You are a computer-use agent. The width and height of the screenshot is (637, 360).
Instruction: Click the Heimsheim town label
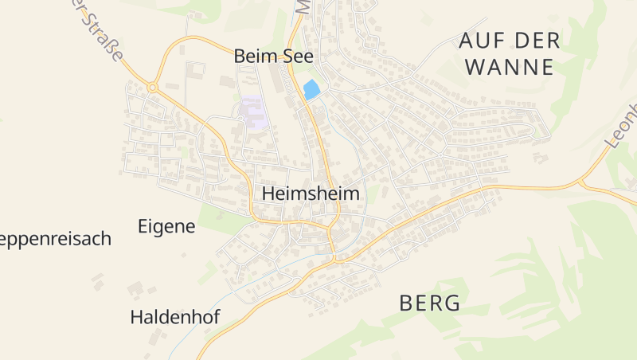311,194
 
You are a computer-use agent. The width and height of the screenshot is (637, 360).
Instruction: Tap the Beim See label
274,57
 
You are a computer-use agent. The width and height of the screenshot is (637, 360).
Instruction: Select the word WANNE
509,67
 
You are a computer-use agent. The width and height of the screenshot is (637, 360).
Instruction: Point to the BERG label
430,303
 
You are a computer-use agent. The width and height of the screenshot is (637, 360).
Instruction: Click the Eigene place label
166,226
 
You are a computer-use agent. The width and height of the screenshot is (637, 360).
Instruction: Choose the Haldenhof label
174,317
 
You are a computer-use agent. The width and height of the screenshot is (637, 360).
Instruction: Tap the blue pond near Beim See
311,90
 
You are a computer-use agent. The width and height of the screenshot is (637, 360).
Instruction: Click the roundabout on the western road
152,87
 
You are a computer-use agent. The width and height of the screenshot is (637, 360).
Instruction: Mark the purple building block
252,113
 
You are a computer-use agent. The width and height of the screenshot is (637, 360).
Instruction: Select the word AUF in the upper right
481,41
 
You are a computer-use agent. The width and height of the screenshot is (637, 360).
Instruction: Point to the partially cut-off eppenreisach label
55,239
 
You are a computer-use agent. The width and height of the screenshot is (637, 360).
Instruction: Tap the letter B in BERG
406,303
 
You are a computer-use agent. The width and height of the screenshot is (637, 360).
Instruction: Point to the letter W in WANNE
475,67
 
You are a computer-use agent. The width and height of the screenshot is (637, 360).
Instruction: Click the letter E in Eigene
143,226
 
